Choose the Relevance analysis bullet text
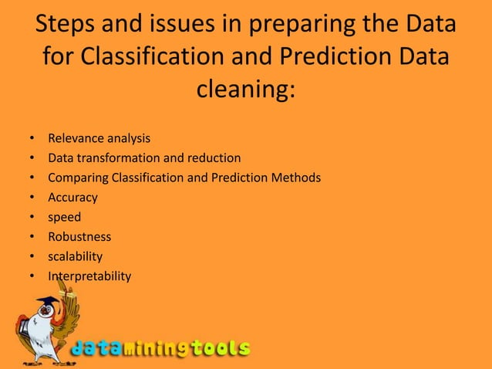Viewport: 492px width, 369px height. [99, 139]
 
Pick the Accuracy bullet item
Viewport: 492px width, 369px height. [72, 198]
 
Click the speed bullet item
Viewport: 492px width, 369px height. [64, 218]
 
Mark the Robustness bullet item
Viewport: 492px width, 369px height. [79, 237]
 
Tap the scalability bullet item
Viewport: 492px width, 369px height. [75, 256]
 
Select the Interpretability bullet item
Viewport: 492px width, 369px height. [89, 276]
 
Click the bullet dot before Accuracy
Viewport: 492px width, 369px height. [32, 198]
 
